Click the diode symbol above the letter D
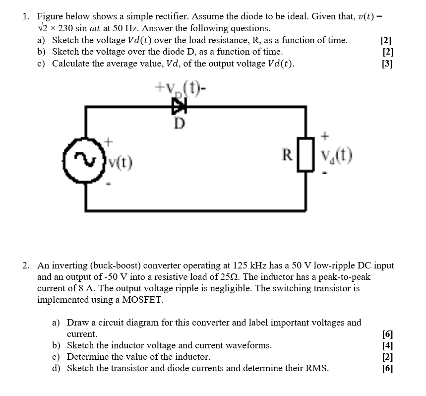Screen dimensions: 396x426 coord(177,105)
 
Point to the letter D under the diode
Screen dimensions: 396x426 coord(177,122)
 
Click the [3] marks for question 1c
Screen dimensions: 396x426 coord(386,64)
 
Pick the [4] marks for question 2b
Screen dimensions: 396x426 coord(388,345)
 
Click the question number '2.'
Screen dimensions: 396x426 coord(27,265)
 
